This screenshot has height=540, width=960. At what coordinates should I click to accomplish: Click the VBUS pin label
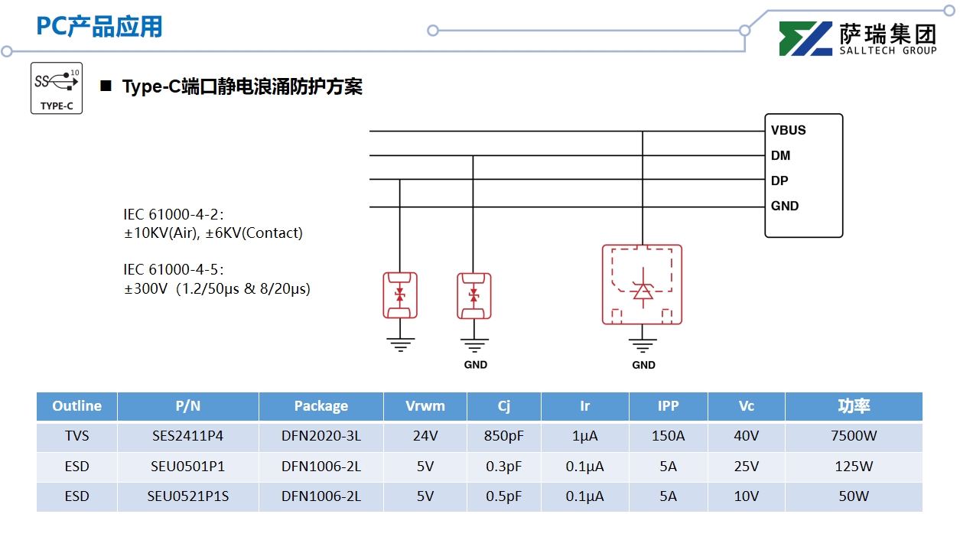click(788, 130)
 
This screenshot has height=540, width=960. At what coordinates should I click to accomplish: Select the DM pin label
click(780, 155)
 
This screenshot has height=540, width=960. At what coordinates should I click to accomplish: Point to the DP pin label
click(779, 181)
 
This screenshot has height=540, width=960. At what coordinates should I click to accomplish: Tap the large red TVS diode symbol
click(642, 285)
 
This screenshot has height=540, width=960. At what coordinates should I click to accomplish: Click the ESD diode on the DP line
click(399, 295)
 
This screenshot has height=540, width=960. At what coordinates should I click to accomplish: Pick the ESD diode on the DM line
click(473, 295)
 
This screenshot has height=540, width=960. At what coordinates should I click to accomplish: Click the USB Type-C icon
click(57, 88)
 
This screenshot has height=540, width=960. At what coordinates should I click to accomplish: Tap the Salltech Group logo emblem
click(805, 38)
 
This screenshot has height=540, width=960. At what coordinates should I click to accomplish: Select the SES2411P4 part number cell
click(187, 437)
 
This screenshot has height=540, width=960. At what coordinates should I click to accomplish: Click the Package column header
click(321, 406)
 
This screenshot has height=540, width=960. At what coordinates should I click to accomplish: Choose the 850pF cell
click(503, 437)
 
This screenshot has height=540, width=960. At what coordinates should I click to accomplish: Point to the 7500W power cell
click(853, 437)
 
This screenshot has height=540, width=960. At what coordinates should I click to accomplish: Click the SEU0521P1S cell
click(187, 496)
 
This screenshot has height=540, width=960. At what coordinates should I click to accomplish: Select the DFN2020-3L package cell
click(321, 437)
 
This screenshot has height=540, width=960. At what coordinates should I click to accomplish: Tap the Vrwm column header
click(425, 406)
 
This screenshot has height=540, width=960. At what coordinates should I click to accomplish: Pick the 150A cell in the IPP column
click(668, 437)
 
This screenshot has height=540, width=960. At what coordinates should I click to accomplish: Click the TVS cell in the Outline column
click(76, 437)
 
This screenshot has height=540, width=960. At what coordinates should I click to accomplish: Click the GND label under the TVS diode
click(643, 365)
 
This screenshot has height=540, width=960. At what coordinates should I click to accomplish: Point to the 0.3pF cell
click(503, 467)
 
